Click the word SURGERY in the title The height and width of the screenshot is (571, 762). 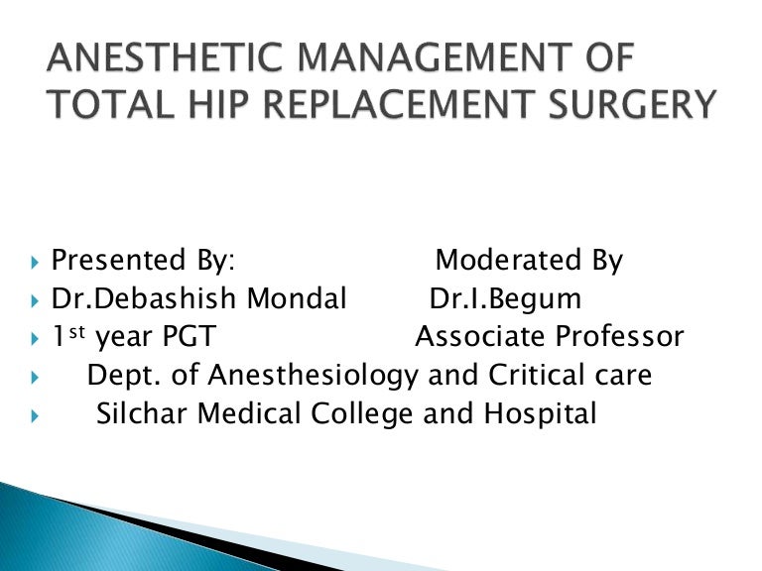point(635,104)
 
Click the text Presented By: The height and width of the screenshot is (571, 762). point(143,262)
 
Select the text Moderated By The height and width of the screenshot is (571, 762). point(529,262)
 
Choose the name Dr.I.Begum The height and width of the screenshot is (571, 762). point(505,299)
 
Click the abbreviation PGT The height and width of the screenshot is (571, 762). point(184,337)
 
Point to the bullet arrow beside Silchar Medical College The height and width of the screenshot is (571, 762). point(35,415)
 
